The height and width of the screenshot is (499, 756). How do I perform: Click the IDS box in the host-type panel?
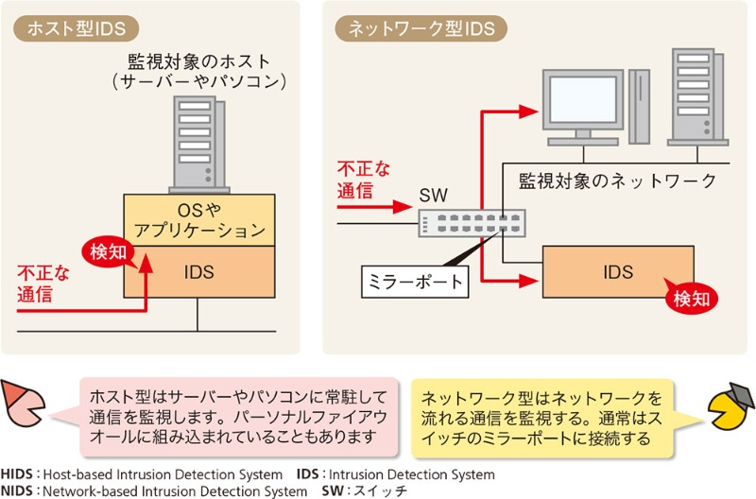198,272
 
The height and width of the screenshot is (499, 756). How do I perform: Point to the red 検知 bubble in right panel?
690,299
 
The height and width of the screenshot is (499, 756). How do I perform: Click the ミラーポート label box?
415,281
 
